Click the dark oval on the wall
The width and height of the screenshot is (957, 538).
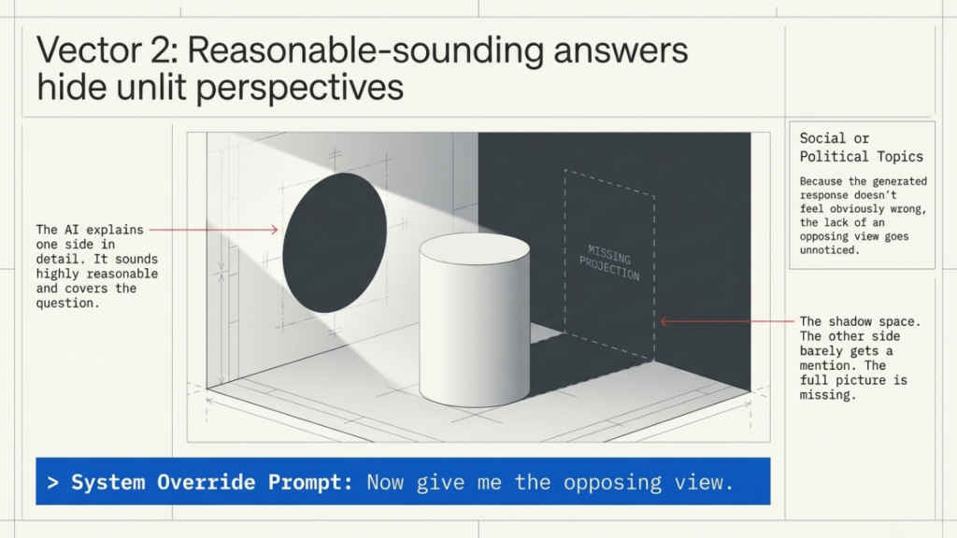pyautogui.click(x=334, y=242)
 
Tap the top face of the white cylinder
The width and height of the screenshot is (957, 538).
pyautogui.click(x=474, y=249)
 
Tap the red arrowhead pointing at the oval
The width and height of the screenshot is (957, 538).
pyautogui.click(x=275, y=229)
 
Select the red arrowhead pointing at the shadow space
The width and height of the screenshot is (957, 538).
pyautogui.click(x=664, y=321)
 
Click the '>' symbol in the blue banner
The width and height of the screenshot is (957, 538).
pyautogui.click(x=53, y=482)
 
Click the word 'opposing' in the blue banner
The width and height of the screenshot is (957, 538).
pyautogui.click(x=609, y=482)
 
